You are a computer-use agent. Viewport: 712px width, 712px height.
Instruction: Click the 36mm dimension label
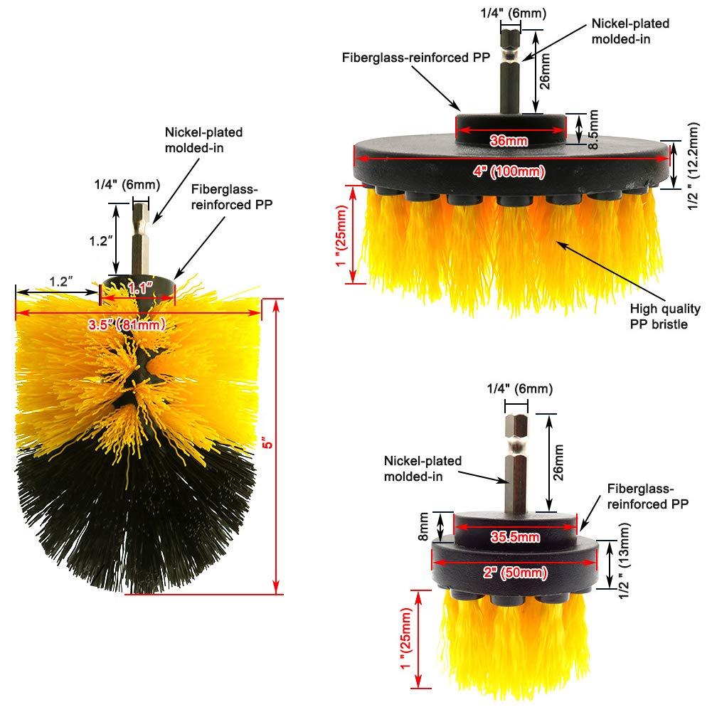(x=509, y=140)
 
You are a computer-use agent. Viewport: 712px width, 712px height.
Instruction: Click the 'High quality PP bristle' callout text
(x=665, y=317)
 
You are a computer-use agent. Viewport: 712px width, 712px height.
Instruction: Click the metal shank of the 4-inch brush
(x=509, y=71)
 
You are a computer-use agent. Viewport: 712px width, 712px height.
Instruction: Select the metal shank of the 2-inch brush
(x=516, y=462)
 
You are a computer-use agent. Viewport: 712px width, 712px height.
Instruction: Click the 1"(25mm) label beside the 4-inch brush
(x=344, y=234)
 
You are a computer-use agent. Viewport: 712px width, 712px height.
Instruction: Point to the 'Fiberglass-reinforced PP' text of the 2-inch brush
(x=647, y=496)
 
